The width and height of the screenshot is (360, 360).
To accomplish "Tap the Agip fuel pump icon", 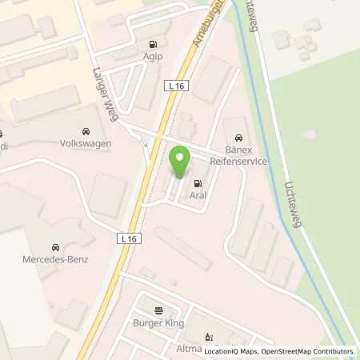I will click(x=151, y=45).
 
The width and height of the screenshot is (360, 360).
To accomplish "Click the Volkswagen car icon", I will click(x=85, y=131).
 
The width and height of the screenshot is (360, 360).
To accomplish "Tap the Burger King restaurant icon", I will click(x=158, y=310).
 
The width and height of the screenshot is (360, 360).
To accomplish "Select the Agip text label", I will click(x=151, y=58).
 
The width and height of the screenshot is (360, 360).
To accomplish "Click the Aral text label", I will click(x=198, y=195).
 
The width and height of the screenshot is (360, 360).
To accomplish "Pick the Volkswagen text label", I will click(x=85, y=144).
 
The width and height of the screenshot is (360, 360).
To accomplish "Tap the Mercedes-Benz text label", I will click(x=56, y=260).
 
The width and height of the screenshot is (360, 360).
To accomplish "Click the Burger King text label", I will click(x=158, y=323).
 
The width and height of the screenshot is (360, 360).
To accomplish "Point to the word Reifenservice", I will click(x=239, y=160).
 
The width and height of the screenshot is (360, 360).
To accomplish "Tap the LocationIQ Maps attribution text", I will click(x=232, y=351).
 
